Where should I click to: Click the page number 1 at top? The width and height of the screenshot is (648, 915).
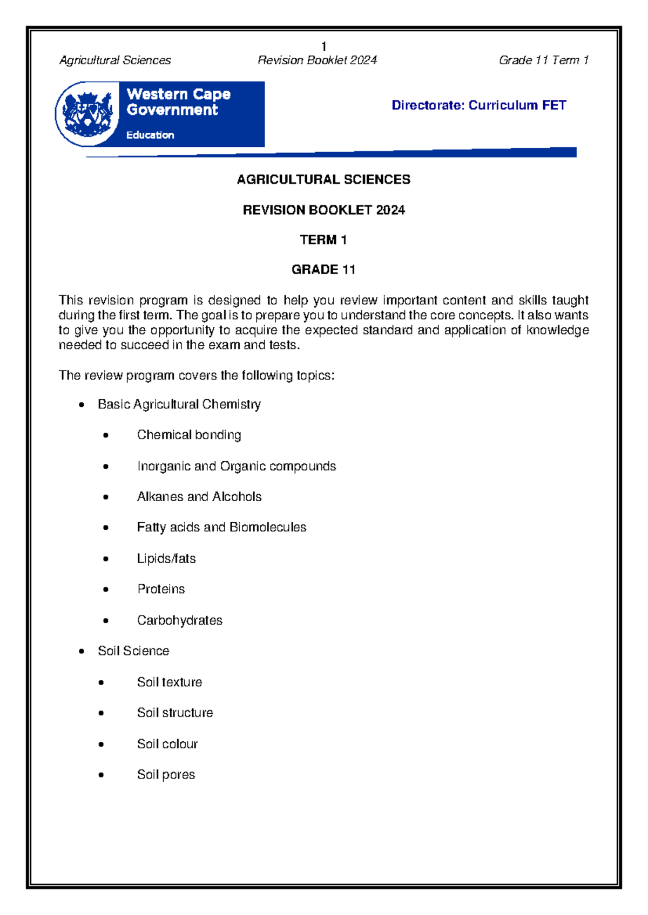pos(323,46)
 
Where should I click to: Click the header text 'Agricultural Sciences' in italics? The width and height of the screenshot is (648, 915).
pos(115,60)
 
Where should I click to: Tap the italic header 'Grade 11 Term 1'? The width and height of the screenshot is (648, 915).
pos(543,60)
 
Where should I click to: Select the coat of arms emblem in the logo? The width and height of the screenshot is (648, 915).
pos(87,114)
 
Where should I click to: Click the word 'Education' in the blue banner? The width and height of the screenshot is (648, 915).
pos(150,135)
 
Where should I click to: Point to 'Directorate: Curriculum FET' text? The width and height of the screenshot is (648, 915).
pos(478,105)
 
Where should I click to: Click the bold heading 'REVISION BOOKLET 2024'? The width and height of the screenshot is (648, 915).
pos(323,210)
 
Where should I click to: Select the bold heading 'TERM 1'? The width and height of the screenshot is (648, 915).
pos(323,240)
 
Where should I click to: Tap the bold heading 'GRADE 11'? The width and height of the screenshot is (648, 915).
pos(323,269)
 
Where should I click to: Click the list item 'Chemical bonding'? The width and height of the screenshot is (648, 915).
pos(189,435)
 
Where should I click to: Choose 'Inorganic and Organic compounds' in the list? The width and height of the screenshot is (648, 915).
pos(237,466)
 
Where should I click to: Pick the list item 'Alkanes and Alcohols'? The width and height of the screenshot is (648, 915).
pos(199,496)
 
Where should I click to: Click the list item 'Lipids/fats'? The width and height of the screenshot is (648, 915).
pos(166,558)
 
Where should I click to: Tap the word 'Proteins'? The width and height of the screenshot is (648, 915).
pos(161,589)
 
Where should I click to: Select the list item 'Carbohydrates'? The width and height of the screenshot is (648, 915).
pos(180,620)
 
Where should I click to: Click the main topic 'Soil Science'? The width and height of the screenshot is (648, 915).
pos(133,651)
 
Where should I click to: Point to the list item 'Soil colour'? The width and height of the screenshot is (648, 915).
pos(167,744)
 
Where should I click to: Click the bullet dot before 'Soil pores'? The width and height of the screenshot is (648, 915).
pos(101,775)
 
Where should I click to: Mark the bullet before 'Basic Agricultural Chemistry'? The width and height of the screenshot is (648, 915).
pos(82,405)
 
